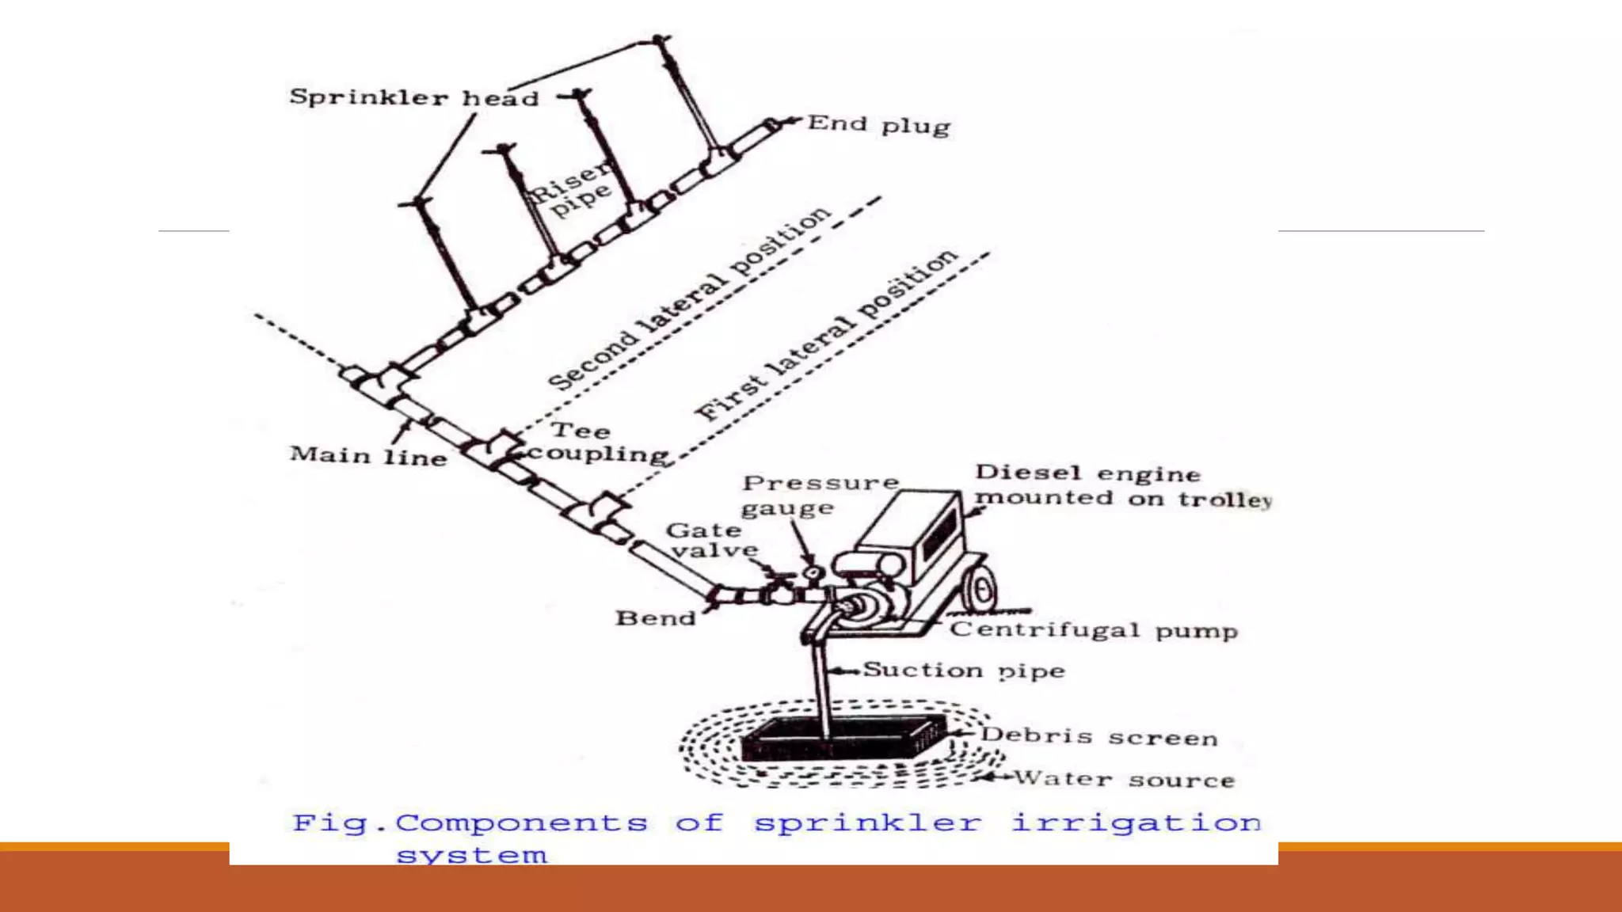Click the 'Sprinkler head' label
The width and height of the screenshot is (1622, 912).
pyautogui.click(x=413, y=97)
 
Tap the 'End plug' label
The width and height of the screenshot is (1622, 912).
pyautogui.click(x=878, y=125)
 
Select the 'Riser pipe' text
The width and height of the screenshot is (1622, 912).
pyautogui.click(x=572, y=190)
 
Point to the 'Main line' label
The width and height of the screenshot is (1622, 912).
pyautogui.click(x=368, y=456)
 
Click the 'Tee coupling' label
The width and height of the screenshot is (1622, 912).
pyautogui.click(x=596, y=443)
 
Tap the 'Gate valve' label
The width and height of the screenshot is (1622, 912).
pyautogui.click(x=710, y=540)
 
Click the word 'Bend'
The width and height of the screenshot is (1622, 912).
pyautogui.click(x=655, y=618)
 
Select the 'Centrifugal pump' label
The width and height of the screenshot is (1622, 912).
pyautogui.click(x=1094, y=630)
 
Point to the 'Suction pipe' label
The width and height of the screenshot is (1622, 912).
pyautogui.click(x=963, y=671)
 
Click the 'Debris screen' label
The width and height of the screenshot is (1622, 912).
pyautogui.click(x=1098, y=736)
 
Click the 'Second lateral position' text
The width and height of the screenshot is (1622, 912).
pyautogui.click(x=689, y=298)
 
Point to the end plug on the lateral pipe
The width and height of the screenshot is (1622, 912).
pyautogui.click(x=771, y=126)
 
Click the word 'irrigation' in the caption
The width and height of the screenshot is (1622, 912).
pyautogui.click(x=1136, y=823)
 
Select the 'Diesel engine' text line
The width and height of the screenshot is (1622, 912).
pyautogui.click(x=1087, y=473)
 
